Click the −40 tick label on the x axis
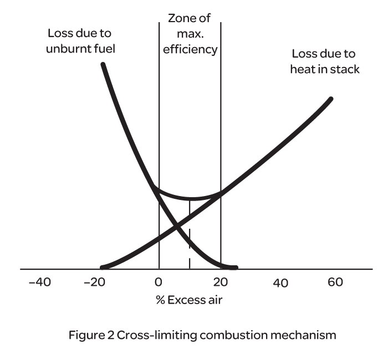(x=39, y=282)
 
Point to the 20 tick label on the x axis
(x=221, y=282)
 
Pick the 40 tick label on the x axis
(x=280, y=283)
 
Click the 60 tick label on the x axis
(x=335, y=282)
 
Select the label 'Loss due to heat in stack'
(x=325, y=62)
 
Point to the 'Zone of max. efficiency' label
(x=190, y=34)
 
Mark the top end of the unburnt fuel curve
(x=103, y=65)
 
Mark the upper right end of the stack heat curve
(x=331, y=99)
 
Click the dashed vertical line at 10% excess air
(x=190, y=244)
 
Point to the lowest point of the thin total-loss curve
(x=190, y=199)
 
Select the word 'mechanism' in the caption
(x=310, y=335)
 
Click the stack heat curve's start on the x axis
(x=101, y=268)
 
